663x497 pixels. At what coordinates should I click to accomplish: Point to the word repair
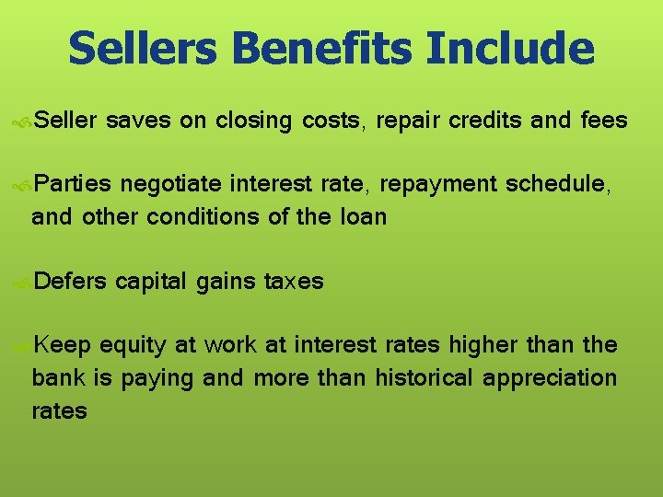pos(408,121)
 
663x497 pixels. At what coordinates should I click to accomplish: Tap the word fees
pos(605,121)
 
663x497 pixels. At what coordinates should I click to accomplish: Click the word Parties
pos(76,185)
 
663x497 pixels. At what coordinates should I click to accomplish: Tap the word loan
pos(363,217)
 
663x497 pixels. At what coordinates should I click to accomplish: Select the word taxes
pos(294,282)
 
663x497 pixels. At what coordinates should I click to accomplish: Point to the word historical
pos(416,378)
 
